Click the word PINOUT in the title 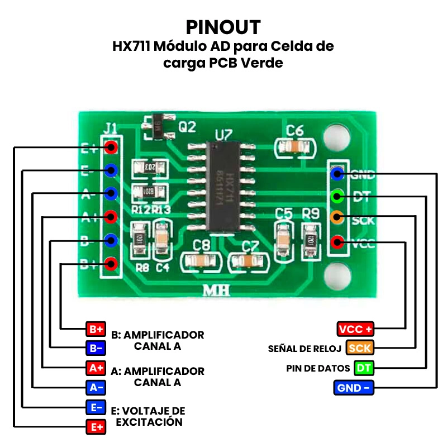coord(223,27)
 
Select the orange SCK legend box coord(359,348)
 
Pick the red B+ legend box coord(94,328)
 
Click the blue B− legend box coord(94,348)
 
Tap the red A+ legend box coord(94,368)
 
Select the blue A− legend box coord(94,387)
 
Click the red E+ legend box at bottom coord(94,427)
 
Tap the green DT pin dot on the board coord(337,196)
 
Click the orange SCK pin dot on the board coord(337,218)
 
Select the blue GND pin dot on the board coord(337,174)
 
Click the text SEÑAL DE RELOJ coord(305,349)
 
